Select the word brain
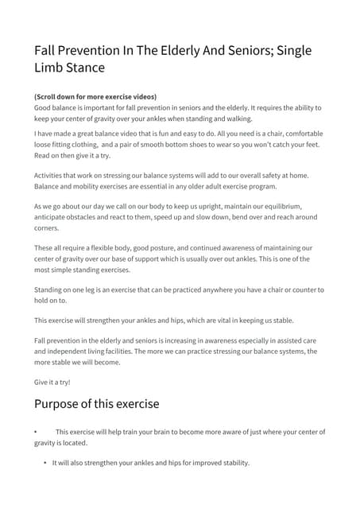[172, 432]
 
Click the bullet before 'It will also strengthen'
[45, 463]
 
